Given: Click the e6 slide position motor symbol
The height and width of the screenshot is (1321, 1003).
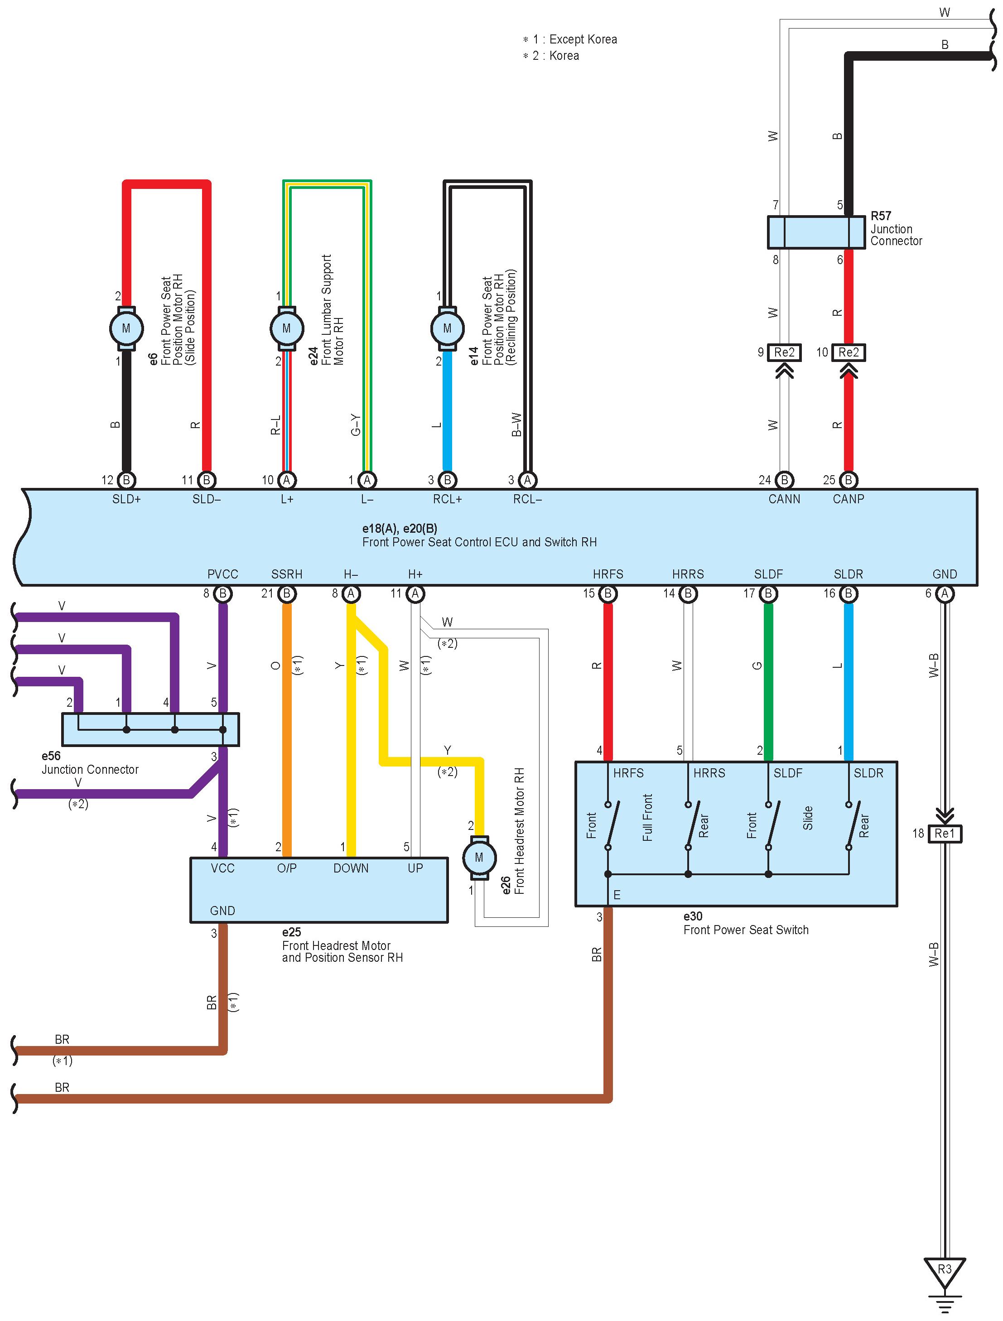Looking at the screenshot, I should tap(126, 328).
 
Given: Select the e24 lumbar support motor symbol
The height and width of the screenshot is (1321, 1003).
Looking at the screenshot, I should tap(286, 328).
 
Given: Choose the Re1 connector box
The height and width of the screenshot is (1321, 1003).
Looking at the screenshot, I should tap(945, 833).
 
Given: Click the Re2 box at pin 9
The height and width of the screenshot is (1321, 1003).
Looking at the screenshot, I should tap(784, 352).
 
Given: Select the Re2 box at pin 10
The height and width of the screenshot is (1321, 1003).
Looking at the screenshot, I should tap(848, 352).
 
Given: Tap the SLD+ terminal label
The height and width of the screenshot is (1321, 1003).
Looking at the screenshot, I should tap(126, 499).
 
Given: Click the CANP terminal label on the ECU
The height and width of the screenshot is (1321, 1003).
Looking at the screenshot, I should tap(848, 499).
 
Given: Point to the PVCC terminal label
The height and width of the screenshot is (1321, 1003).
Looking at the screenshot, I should tap(223, 574).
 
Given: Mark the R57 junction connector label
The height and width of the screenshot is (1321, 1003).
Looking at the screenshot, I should tap(881, 216).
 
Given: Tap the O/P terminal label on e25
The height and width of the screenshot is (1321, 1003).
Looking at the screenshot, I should tap(287, 868).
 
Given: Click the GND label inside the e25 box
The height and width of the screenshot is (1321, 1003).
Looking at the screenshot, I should tap(222, 911).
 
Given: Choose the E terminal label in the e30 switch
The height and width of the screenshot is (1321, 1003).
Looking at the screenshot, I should tap(617, 895).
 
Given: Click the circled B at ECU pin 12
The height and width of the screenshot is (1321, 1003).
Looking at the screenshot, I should tap(126, 480).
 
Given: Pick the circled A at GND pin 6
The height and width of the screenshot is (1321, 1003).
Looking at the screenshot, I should tap(945, 593).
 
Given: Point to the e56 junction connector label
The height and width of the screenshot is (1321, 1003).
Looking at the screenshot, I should tap(51, 756).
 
